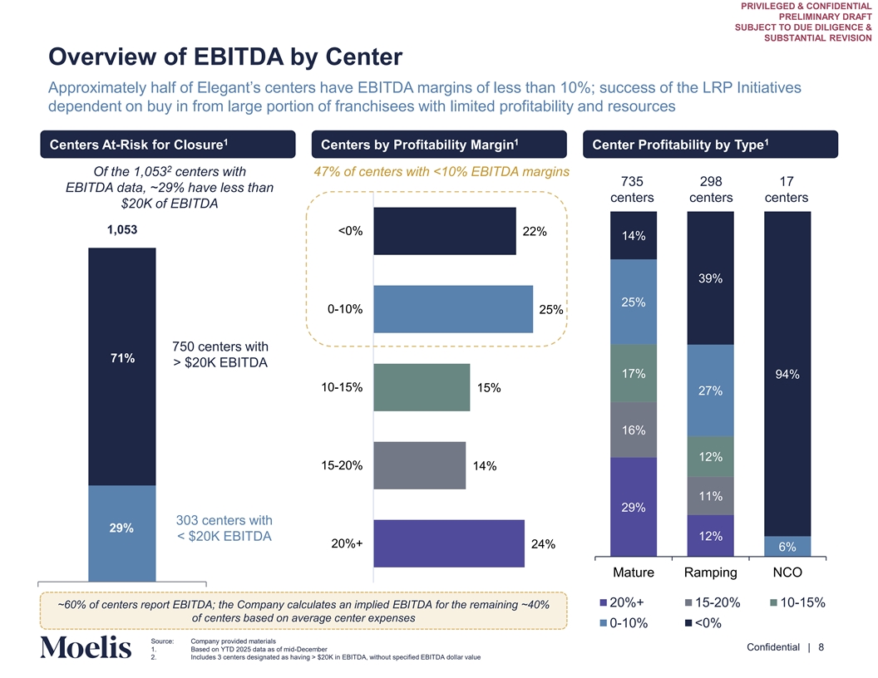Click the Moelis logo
pos(86,648)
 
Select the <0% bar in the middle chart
pos(444,231)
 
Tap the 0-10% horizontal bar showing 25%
pos(453,309)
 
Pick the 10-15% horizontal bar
pos(422,387)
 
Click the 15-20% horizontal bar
pos(420,465)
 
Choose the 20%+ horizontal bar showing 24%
pos(449,543)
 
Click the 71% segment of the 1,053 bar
pos(122,366)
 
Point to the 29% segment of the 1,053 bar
pos(122,533)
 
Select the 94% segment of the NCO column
pos(787,374)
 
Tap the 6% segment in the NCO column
pos(787,547)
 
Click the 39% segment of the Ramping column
pos(710,278)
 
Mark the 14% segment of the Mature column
pos(634,236)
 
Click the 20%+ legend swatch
pos(603,602)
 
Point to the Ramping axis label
pos(710,572)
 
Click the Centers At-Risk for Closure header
pos(167,145)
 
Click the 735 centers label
pos(634,190)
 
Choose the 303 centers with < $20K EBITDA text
pos(224,528)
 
